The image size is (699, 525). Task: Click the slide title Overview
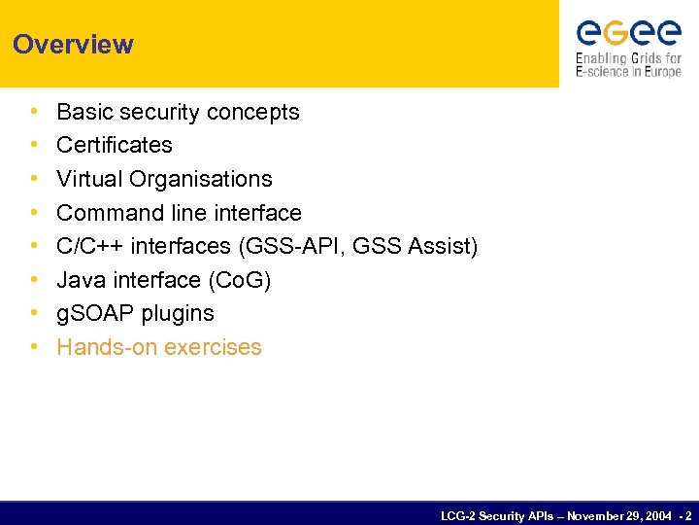pyautogui.click(x=73, y=45)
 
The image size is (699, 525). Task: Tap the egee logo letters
pyautogui.click(x=628, y=34)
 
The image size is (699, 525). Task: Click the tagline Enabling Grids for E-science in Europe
pyautogui.click(x=628, y=65)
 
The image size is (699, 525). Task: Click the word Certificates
pyautogui.click(x=115, y=145)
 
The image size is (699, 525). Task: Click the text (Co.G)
pyautogui.click(x=240, y=280)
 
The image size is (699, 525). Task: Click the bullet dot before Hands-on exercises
pyautogui.click(x=34, y=347)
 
